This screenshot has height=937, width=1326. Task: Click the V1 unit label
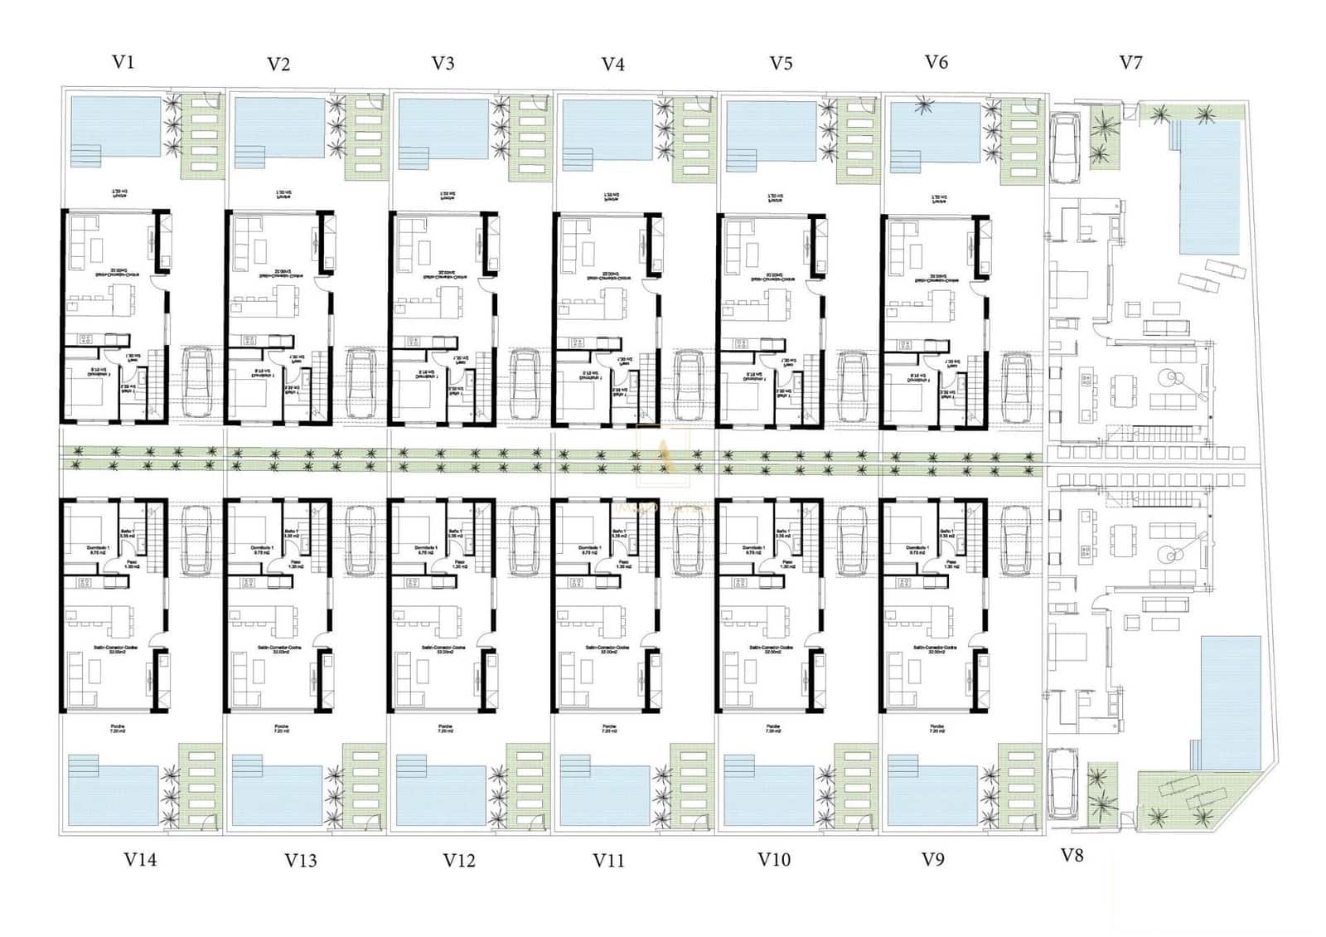coord(123,61)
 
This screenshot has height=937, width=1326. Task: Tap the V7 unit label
coord(1130,62)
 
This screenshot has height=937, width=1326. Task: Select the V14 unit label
coord(140,860)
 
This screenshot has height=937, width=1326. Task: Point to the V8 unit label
coord(1072,856)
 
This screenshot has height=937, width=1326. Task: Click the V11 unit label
coord(608,861)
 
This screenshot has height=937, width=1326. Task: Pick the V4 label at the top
coord(612,64)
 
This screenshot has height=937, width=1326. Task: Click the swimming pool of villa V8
coord(1230,701)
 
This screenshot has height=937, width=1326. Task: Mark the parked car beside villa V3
coord(525,386)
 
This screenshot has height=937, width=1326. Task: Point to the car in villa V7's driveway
coord(1063,148)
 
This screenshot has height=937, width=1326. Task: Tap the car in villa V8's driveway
coord(1062,783)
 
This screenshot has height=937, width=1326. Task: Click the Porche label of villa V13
coord(282,727)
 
